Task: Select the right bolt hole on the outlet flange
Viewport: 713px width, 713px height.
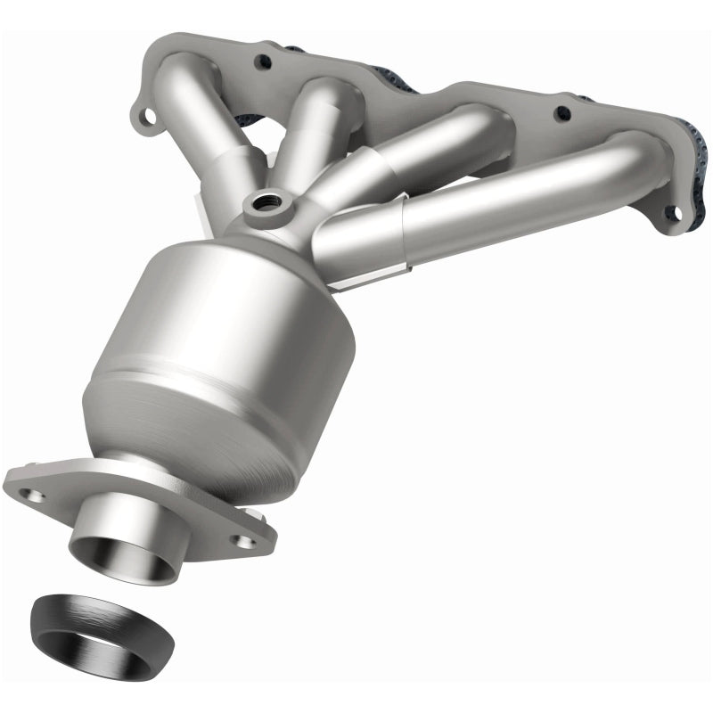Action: click(x=240, y=539)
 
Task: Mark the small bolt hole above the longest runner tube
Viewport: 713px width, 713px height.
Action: click(x=562, y=114)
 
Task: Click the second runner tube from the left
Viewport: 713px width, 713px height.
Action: click(x=307, y=134)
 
